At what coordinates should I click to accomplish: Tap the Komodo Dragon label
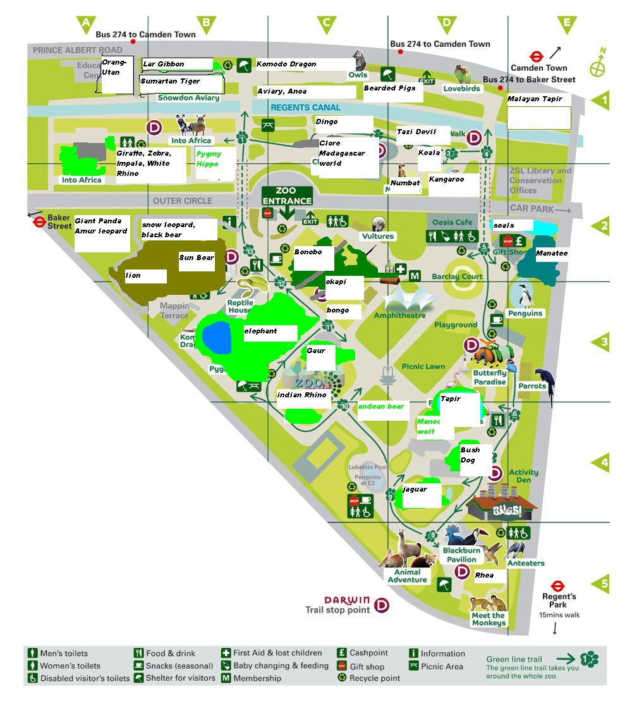point(286,65)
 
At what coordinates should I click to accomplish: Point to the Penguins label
point(525,313)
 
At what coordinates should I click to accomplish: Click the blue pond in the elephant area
point(216,337)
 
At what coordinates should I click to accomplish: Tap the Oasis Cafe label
point(453,222)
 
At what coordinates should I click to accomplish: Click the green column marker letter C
point(326,24)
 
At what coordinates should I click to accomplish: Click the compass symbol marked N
point(597,66)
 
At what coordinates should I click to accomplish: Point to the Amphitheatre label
point(400,315)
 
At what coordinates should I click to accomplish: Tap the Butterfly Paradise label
point(490,378)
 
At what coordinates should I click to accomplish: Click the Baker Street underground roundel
point(39,222)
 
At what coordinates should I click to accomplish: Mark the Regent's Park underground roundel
point(557,586)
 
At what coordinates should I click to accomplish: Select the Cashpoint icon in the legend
point(342,653)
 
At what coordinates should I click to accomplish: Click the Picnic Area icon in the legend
point(414,666)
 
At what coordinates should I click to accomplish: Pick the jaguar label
point(415,489)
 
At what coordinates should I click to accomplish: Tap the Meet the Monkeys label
point(489,619)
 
